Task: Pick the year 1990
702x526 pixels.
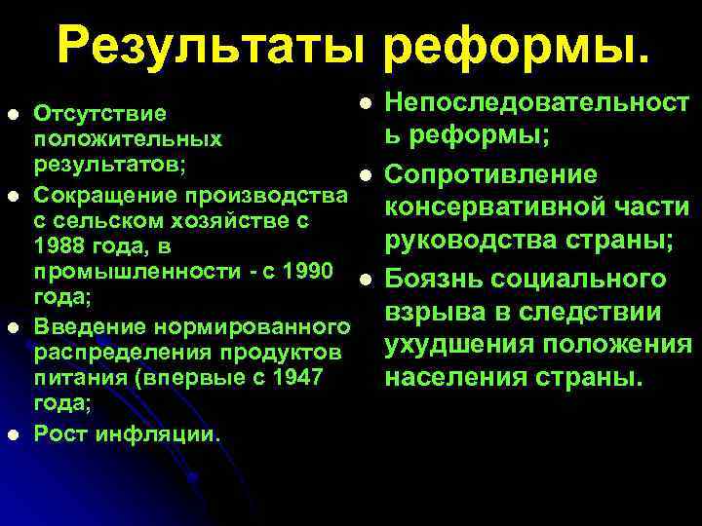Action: click(x=312, y=266)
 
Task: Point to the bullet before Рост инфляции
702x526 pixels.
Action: click(x=12, y=433)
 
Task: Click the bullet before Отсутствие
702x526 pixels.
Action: click(x=12, y=114)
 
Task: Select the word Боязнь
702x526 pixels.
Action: click(x=432, y=280)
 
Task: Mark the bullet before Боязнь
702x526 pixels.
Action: click(x=364, y=280)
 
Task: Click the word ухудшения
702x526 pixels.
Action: click(x=464, y=345)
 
